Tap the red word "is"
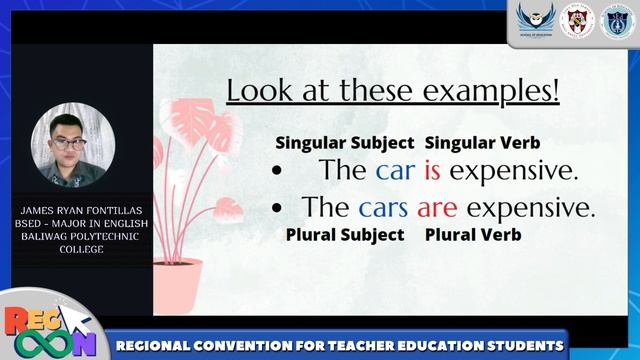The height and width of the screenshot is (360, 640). coord(432,171)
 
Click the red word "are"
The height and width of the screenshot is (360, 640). coord(437,208)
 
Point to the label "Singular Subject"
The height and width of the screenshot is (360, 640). coord(344,143)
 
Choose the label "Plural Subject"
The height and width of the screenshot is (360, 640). coord(345,234)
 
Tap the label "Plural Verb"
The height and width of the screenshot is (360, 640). coord(473,234)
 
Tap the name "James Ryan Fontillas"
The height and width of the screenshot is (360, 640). coord(79,211)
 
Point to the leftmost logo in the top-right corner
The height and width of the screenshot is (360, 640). coord(536,20)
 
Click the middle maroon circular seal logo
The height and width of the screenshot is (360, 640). coord(577,20)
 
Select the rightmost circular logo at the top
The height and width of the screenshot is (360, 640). coord(616,20)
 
